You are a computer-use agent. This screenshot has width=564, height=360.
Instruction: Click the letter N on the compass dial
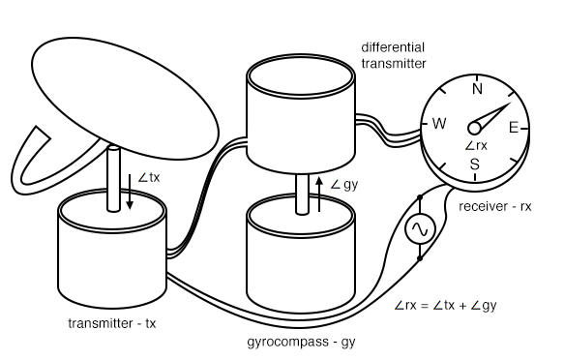coord(477,88)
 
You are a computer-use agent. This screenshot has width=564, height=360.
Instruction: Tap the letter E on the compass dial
coord(514,128)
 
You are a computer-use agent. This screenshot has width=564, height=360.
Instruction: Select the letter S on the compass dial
coord(475,164)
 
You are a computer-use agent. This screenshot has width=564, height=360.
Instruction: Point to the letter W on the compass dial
coord(439,123)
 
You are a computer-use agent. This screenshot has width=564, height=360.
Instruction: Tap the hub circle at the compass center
coord(474,128)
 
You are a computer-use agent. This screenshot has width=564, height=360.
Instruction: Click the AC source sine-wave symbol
coord(420,228)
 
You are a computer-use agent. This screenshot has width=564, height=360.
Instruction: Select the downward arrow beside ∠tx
coord(130,192)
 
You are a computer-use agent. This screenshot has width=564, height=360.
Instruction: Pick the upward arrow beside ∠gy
coord(319,195)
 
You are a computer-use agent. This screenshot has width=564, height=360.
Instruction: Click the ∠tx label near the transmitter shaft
coord(149,177)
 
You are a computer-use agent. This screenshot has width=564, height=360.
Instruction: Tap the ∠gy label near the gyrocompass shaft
coord(344,185)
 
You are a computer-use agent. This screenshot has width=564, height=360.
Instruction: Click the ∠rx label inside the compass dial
coord(476,146)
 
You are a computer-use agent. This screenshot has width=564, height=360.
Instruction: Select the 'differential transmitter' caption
coord(394,55)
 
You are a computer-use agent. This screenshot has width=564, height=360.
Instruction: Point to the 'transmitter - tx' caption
coord(112,323)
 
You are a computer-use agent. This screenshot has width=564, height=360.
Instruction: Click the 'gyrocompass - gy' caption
coord(302,342)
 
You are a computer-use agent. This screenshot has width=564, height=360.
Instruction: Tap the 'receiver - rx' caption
coord(495,206)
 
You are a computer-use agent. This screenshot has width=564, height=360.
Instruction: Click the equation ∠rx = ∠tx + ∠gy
coord(445,306)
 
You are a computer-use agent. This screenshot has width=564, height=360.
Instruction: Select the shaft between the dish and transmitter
coord(113,178)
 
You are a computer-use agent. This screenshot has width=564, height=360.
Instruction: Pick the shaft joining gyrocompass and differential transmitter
coord(302,195)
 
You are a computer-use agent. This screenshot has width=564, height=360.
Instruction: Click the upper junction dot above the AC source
coord(420,197)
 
